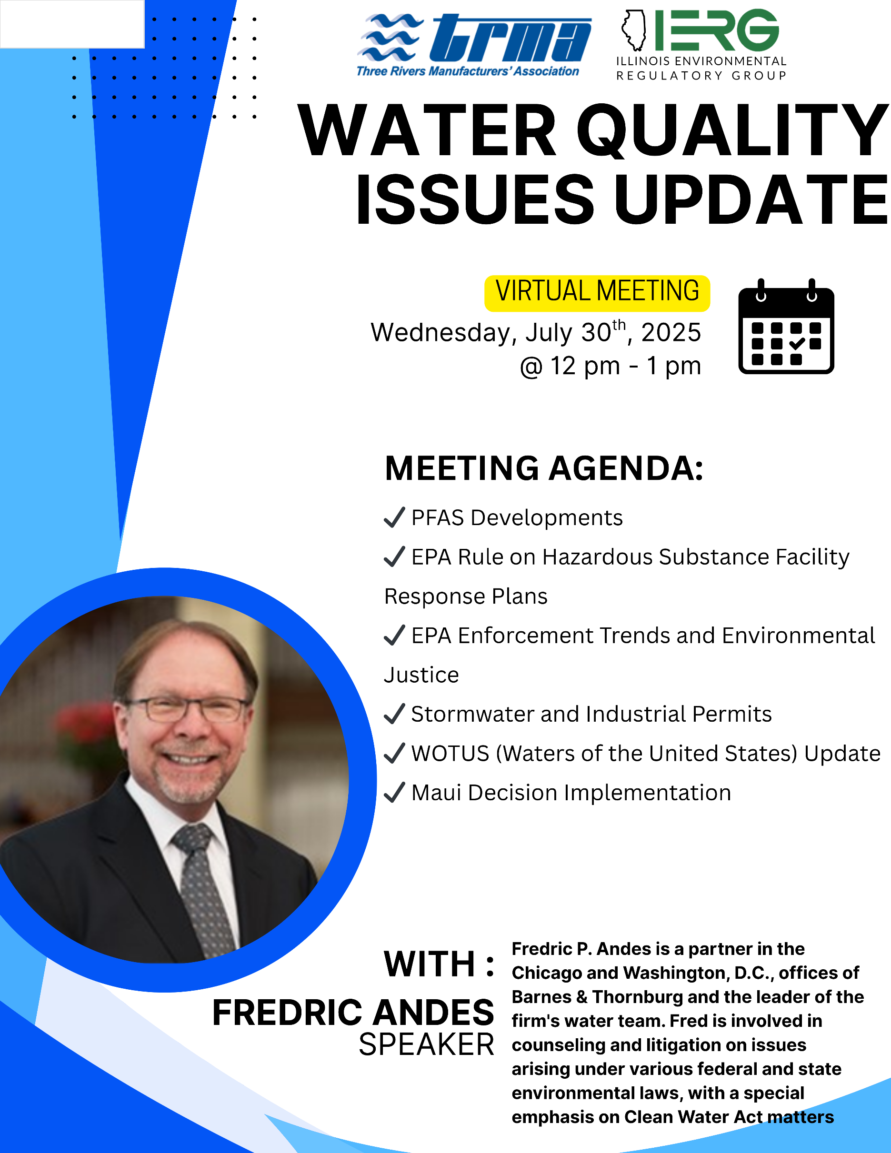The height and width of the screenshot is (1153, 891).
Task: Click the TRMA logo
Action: click(x=474, y=45)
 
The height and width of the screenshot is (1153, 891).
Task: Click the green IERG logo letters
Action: click(x=717, y=30)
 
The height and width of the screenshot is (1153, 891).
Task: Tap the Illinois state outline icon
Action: click(x=634, y=30)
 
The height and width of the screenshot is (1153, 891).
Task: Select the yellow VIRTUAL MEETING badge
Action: click(x=597, y=293)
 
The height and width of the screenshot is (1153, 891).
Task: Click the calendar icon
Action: click(x=786, y=326)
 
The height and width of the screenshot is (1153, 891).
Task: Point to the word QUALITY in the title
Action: click(x=733, y=130)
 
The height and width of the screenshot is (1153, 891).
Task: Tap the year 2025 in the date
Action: click(x=671, y=333)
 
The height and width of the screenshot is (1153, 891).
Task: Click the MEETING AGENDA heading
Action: click(x=544, y=468)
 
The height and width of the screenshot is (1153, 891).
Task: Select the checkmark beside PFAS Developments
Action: click(x=394, y=517)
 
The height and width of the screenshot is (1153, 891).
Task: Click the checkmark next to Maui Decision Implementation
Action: click(x=394, y=793)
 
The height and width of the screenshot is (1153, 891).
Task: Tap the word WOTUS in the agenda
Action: click(x=451, y=754)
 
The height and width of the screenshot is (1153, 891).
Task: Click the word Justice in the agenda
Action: click(x=421, y=675)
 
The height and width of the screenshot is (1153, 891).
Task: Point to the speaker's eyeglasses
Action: click(x=187, y=708)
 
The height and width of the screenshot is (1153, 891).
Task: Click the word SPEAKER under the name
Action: click(x=427, y=1045)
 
